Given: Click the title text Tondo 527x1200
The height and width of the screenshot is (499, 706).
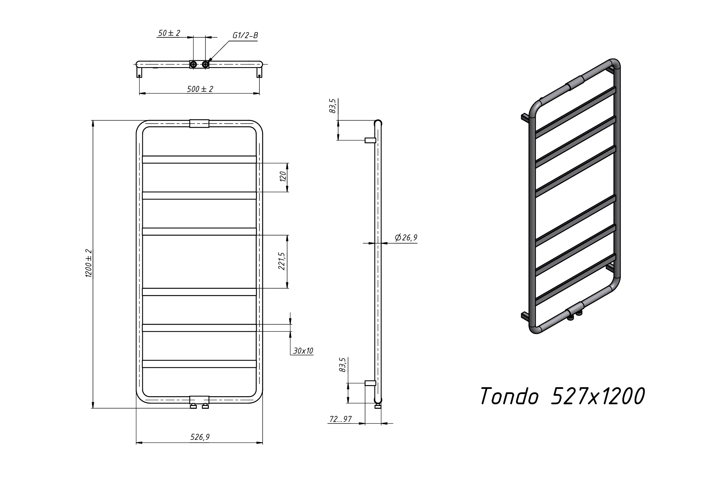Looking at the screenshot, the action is click(x=562, y=396).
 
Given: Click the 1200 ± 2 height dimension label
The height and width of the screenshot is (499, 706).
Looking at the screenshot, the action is click(x=88, y=263).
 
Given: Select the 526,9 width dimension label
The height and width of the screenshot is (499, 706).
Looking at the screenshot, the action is click(x=200, y=437).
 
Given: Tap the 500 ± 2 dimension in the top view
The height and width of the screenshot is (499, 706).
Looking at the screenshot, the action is click(x=200, y=89).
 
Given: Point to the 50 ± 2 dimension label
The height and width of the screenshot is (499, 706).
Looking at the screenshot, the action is click(x=169, y=33).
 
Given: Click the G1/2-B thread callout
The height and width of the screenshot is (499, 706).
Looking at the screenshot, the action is click(x=245, y=36).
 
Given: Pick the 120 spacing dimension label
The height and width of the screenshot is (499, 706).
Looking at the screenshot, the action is click(x=283, y=176).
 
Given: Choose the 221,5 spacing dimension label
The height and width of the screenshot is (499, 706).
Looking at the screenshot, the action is click(x=282, y=261).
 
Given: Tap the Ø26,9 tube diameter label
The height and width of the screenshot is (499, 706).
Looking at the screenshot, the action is click(x=406, y=238).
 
